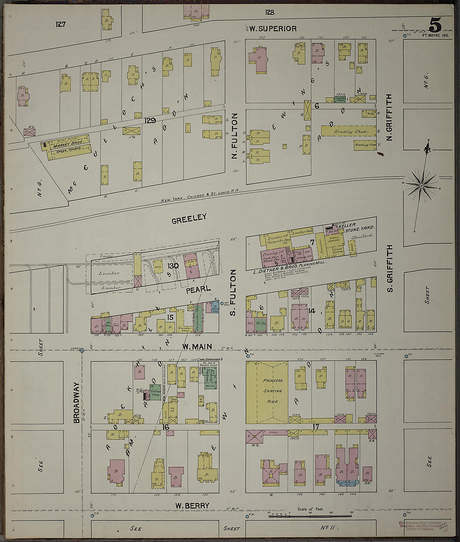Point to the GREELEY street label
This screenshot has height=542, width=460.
pos(189,217)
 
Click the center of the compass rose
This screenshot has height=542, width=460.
pos(421,184)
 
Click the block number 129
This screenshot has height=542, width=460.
pos(150,120)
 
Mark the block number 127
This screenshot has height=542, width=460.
pos(61,24)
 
